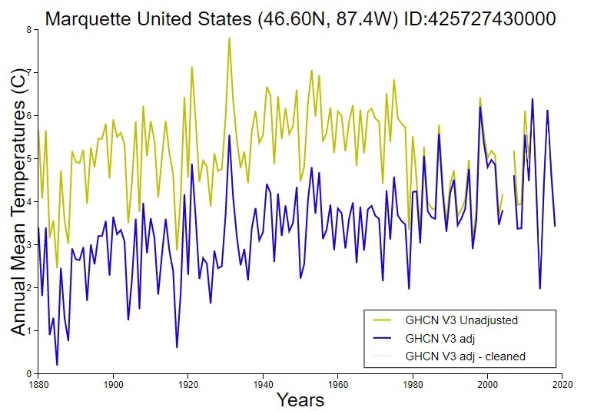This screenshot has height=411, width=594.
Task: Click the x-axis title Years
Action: click(300, 399)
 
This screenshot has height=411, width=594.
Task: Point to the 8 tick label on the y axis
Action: click(29, 30)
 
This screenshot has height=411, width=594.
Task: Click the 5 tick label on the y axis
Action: click(29, 159)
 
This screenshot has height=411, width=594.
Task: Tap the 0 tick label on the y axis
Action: click(29, 374)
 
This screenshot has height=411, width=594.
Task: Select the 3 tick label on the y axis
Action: click(29, 245)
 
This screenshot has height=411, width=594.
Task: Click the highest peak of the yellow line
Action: click(229, 38)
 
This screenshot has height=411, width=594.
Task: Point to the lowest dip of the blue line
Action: click(57, 365)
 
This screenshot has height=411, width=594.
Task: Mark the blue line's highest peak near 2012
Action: click(533, 99)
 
